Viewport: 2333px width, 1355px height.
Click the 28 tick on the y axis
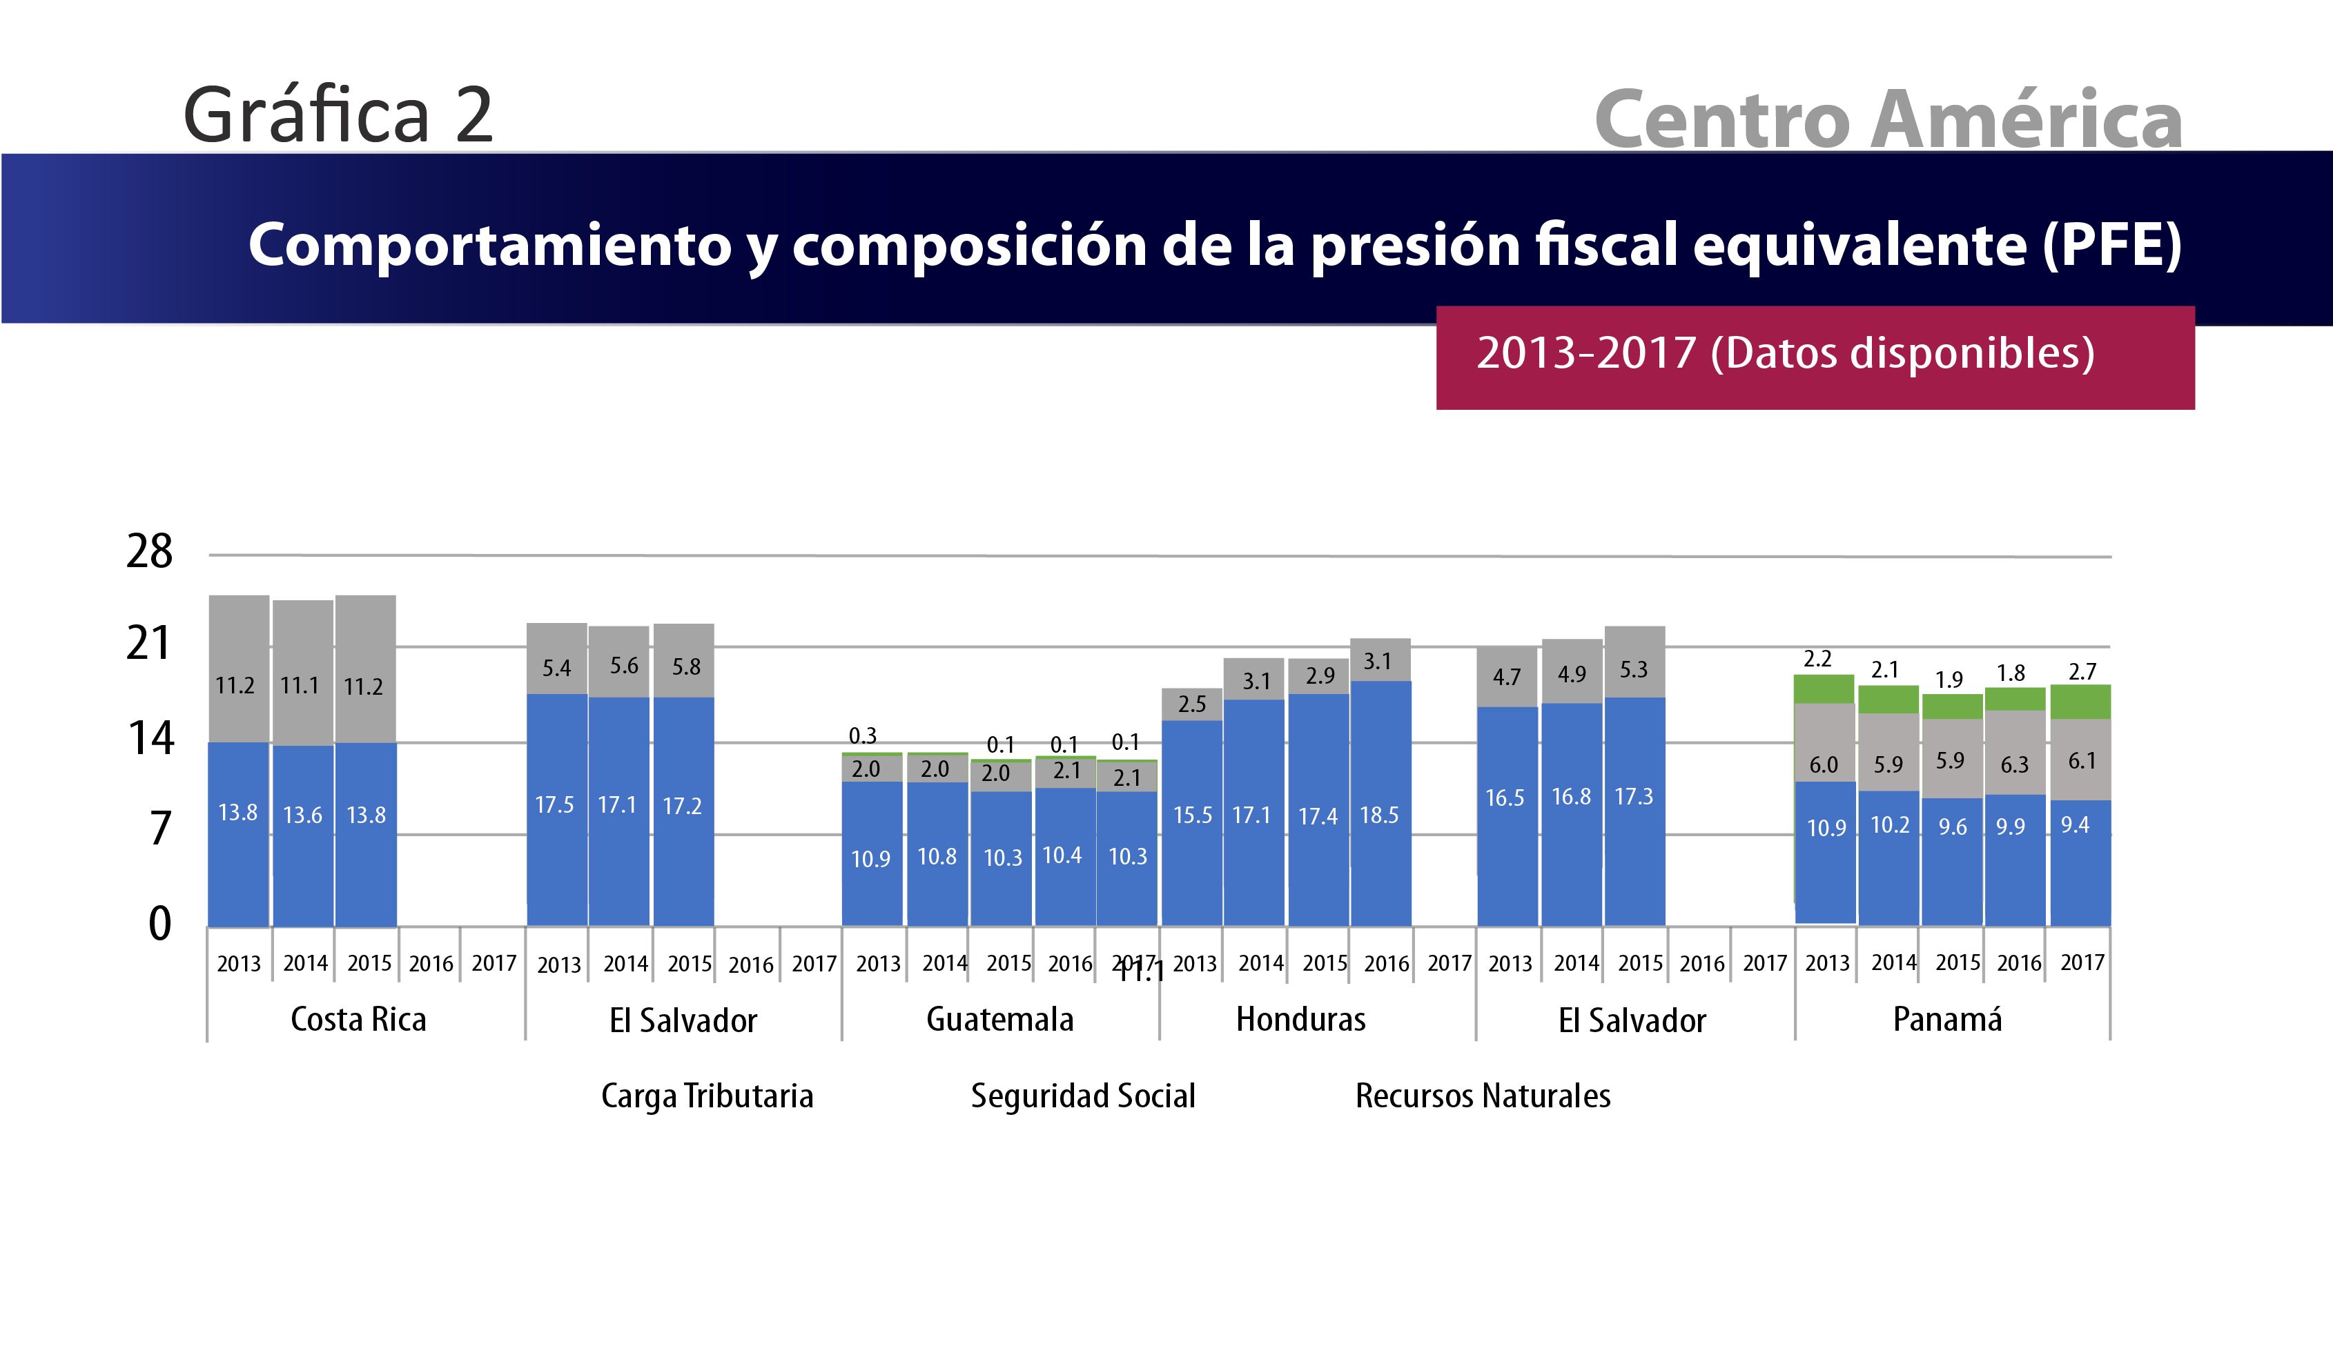pyautogui.click(x=149, y=552)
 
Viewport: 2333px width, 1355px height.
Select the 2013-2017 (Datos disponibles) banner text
pyautogui.click(x=1785, y=353)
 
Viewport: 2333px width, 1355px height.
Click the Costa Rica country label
pyautogui.click(x=358, y=1019)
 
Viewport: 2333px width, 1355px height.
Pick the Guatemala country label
pyautogui.click(x=1000, y=1019)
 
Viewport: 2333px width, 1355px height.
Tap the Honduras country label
pyautogui.click(x=1300, y=1019)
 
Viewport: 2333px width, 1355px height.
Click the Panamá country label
pyautogui.click(x=1947, y=1019)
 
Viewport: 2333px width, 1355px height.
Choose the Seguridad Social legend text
pyautogui.click(x=1082, y=1096)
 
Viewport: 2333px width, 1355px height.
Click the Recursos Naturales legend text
pyautogui.click(x=1482, y=1096)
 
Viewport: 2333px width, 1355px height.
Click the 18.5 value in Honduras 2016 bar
pyautogui.click(x=1378, y=815)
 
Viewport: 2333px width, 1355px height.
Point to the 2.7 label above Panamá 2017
pyautogui.click(x=2082, y=671)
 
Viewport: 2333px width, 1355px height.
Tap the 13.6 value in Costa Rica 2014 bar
pyautogui.click(x=303, y=815)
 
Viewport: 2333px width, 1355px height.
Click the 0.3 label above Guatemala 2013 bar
pyautogui.click(x=862, y=736)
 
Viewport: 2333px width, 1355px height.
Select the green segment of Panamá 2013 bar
pyautogui.click(x=1823, y=689)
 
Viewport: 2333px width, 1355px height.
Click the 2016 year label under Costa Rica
pyautogui.click(x=431, y=964)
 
